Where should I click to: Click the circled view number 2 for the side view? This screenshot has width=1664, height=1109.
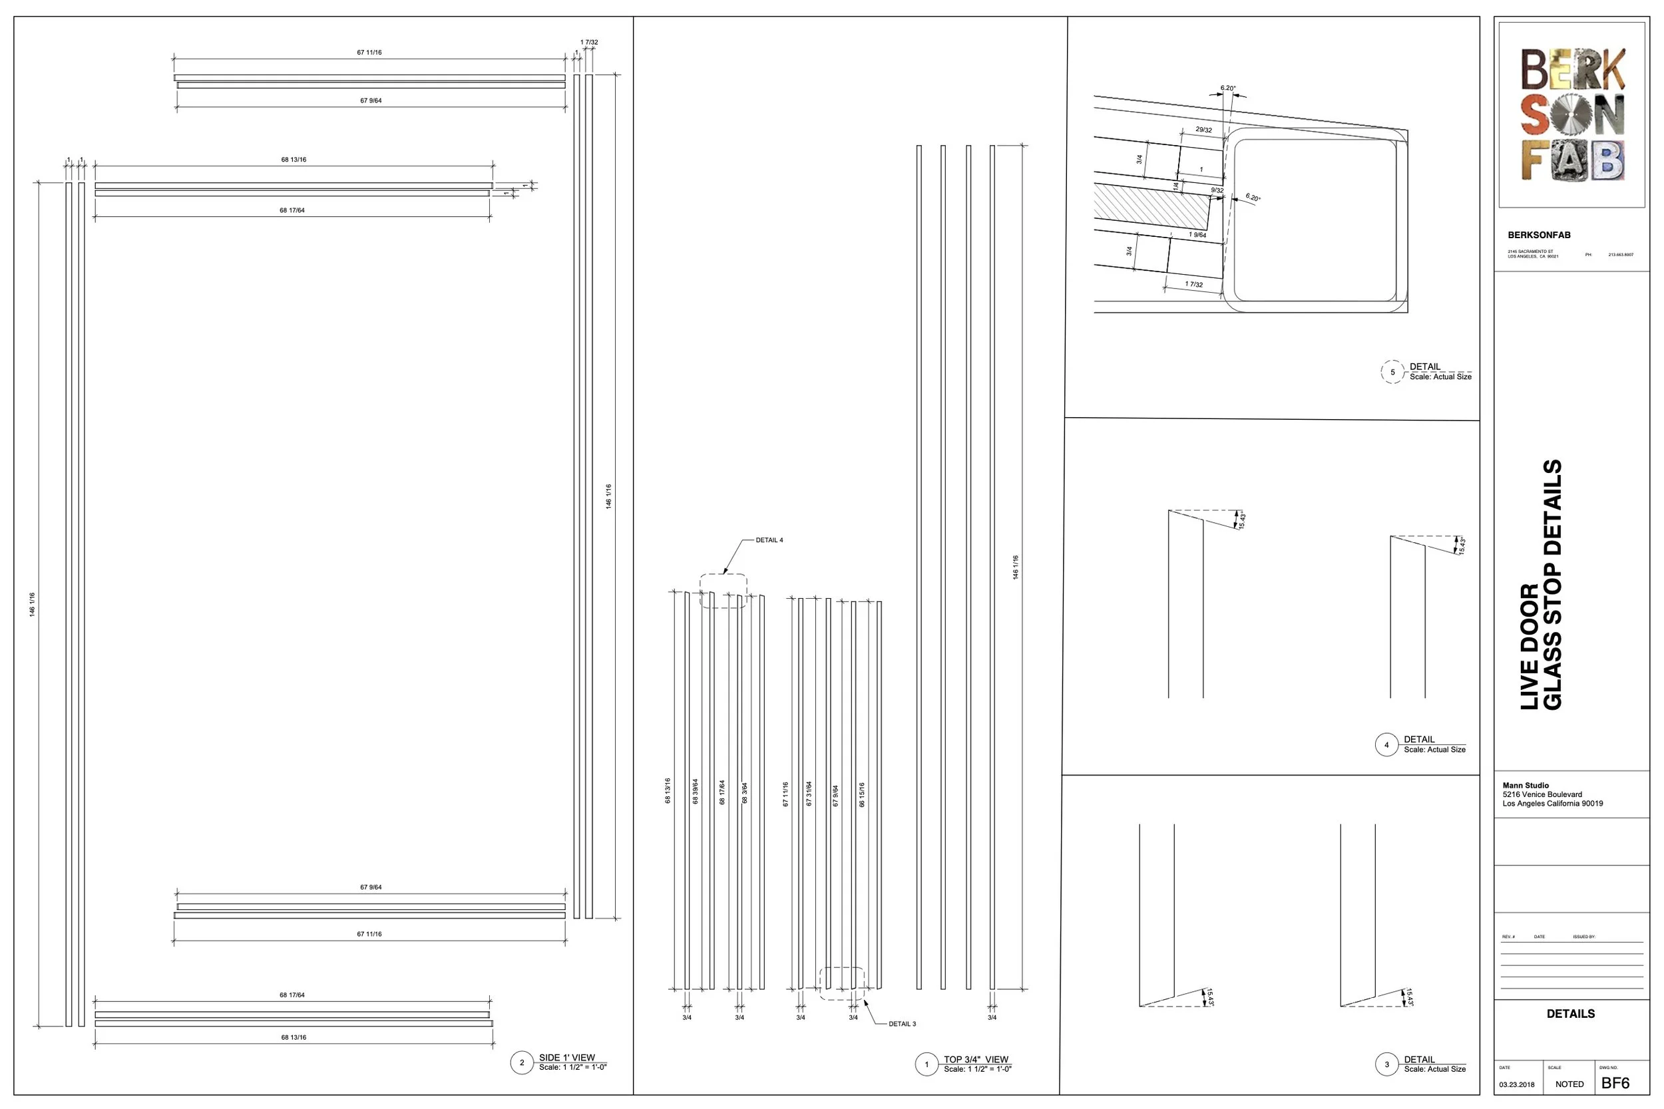point(521,1062)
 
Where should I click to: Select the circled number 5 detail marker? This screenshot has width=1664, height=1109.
point(1392,372)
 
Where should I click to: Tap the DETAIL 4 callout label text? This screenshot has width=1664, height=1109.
point(768,540)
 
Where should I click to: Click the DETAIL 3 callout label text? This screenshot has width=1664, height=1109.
point(901,1024)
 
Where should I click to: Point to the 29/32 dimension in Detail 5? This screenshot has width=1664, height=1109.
point(1203,130)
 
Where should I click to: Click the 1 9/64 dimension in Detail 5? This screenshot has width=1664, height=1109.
point(1197,235)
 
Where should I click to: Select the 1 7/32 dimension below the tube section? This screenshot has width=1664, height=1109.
point(1193,284)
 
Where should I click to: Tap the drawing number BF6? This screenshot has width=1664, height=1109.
point(1615,1084)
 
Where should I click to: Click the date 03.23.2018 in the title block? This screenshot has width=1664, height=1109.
point(1516,1085)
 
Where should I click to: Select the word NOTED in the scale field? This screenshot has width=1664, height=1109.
point(1569,1084)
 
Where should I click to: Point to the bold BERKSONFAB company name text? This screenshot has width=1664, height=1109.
point(1538,235)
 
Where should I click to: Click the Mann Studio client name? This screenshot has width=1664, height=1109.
point(1526,786)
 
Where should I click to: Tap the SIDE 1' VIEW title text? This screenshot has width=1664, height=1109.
point(566,1057)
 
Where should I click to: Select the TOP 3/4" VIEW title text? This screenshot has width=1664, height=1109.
point(976,1060)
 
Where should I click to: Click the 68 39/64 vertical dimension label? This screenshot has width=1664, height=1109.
point(695,792)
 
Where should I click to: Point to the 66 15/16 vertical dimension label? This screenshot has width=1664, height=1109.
point(862,794)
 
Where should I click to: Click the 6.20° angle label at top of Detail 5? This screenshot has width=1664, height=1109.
point(1227,88)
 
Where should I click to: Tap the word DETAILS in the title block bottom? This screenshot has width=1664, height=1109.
point(1570,1013)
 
